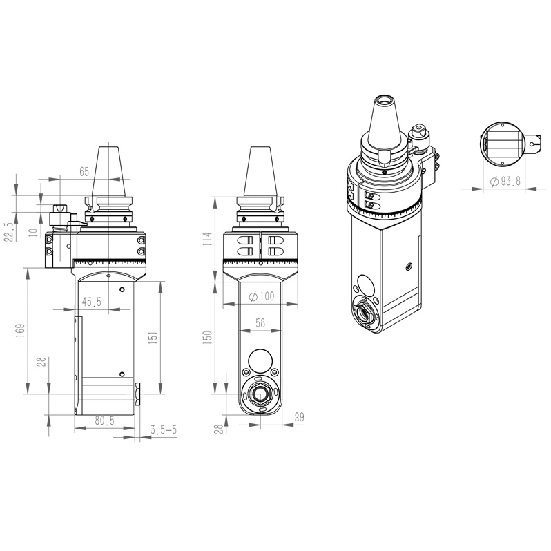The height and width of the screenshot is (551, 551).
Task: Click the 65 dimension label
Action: (84, 170)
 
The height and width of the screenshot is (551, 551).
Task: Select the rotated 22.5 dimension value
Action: (9, 232)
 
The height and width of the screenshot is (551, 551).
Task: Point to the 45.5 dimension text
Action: (91, 302)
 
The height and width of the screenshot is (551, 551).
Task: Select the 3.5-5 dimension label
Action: (164, 430)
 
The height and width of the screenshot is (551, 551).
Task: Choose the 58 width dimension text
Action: (260, 322)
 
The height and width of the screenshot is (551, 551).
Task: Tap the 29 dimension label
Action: (299, 417)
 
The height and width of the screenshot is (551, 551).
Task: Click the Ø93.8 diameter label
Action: (505, 181)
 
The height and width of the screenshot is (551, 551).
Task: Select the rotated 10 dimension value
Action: (32, 231)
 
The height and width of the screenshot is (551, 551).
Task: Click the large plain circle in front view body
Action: (260, 360)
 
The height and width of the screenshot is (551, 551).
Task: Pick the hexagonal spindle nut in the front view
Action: (260, 395)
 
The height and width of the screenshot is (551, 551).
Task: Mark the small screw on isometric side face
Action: (409, 265)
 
